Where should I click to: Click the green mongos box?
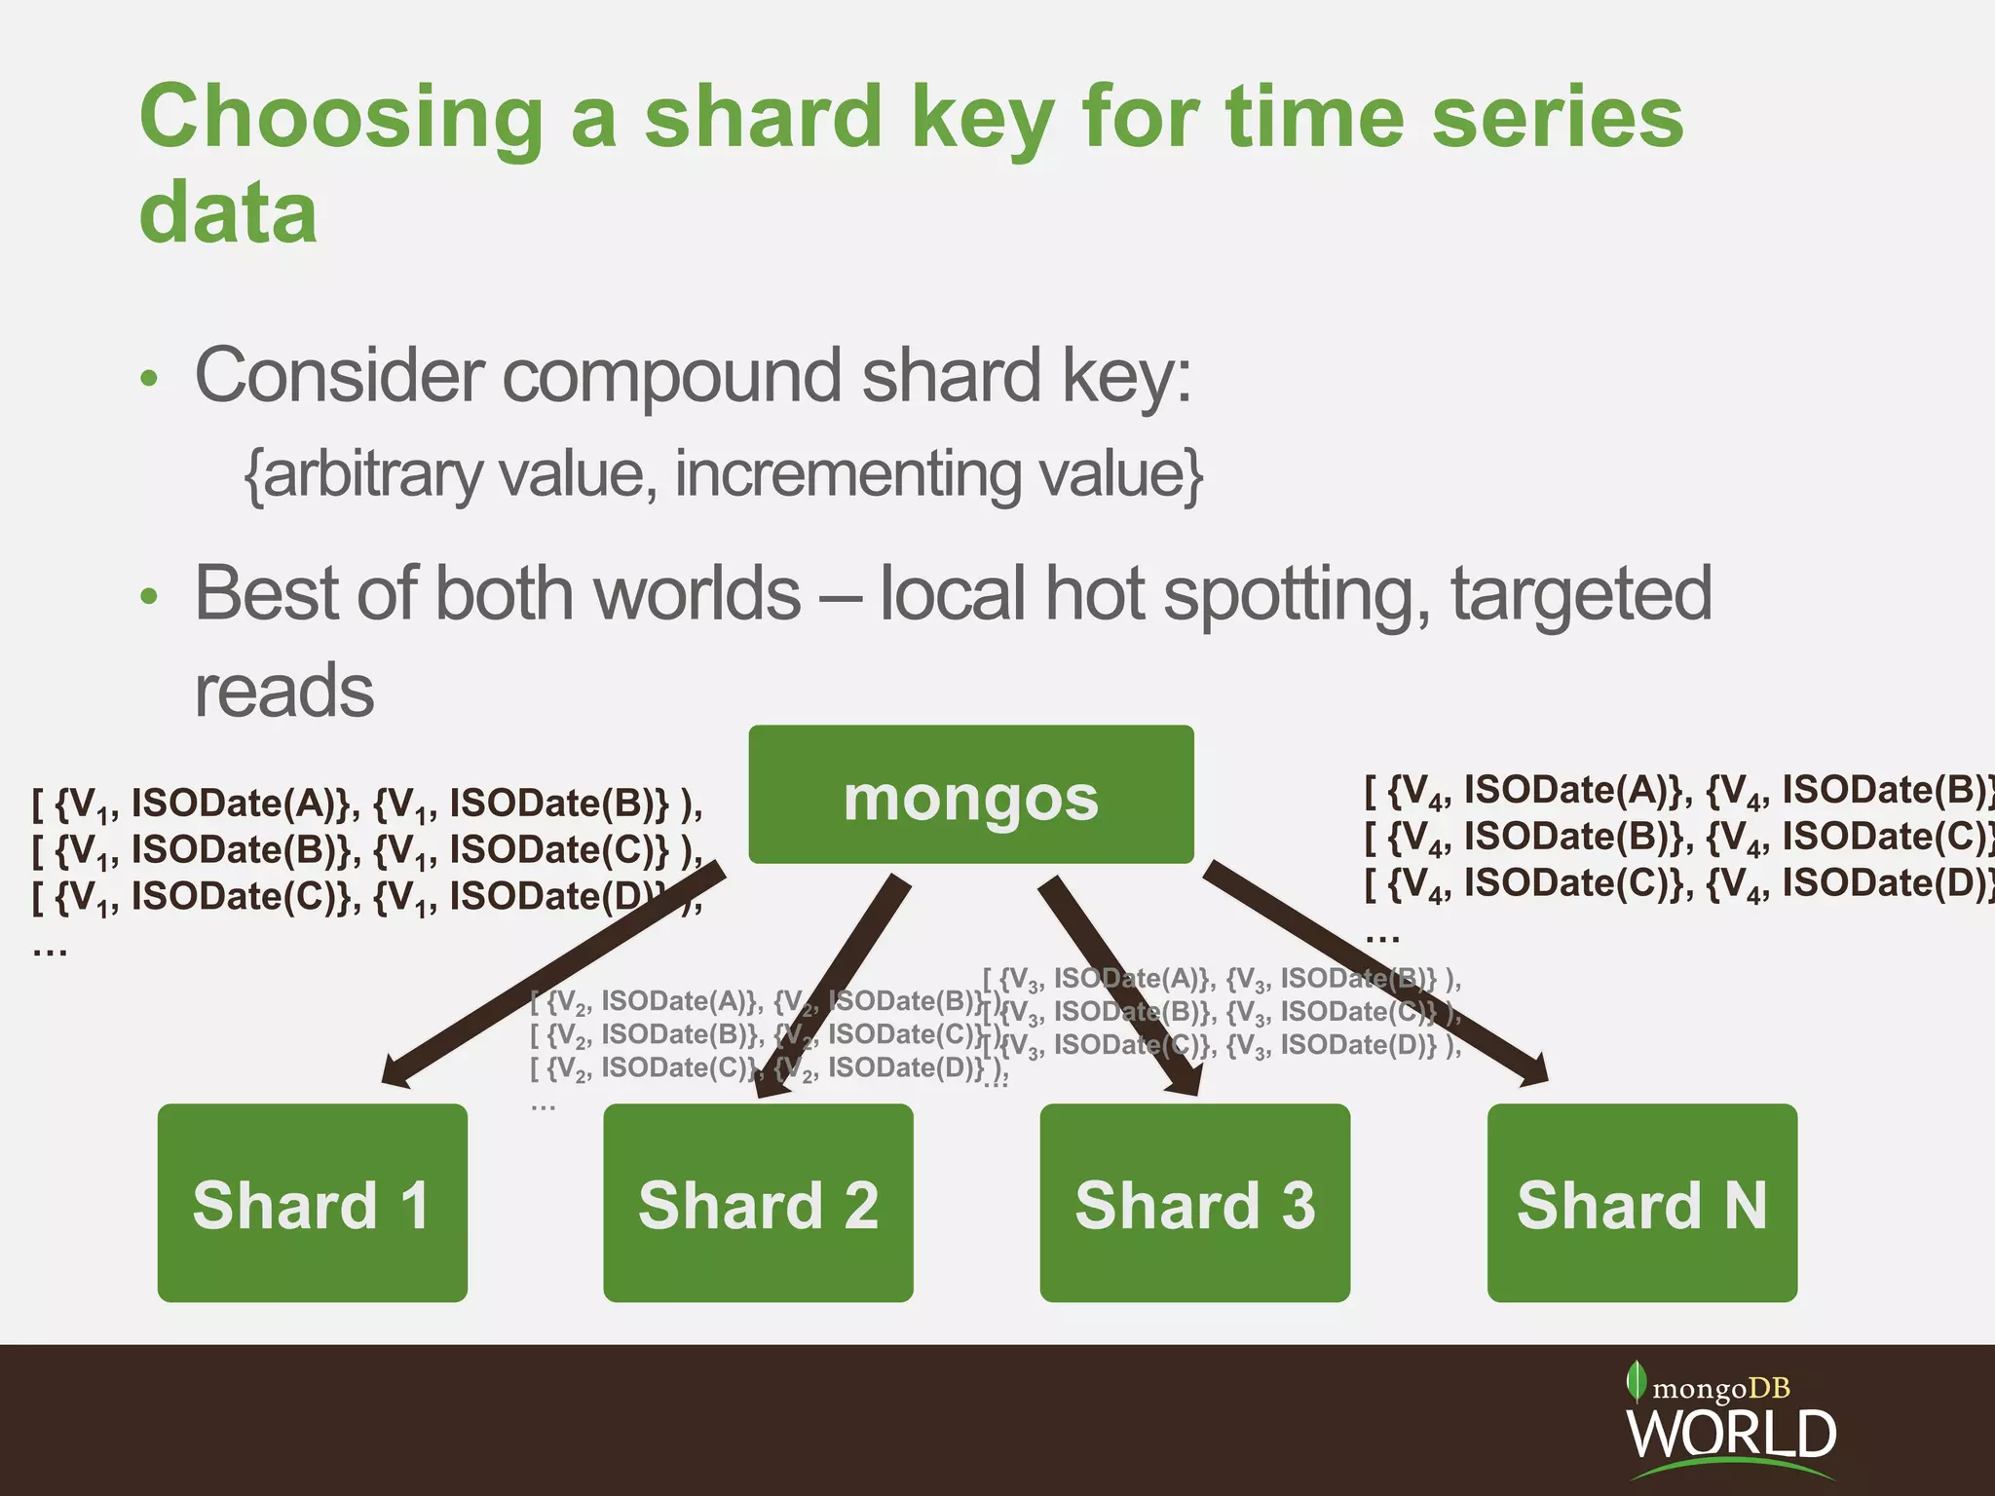pos(970,794)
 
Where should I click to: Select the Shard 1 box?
pos(312,1202)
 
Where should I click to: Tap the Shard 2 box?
pos(758,1202)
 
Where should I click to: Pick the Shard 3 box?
pos(1194,1202)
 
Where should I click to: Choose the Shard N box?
pos(1641,1202)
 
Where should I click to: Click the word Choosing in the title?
pos(341,119)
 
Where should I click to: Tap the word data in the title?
pos(228,212)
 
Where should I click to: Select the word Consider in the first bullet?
pos(337,376)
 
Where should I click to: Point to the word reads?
pos(284,691)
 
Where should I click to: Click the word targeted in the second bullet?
pos(1580,594)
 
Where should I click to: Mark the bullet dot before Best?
pos(148,596)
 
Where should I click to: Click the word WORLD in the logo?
pos(1731,1434)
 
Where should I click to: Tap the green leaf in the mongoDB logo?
pos(1637,1381)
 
